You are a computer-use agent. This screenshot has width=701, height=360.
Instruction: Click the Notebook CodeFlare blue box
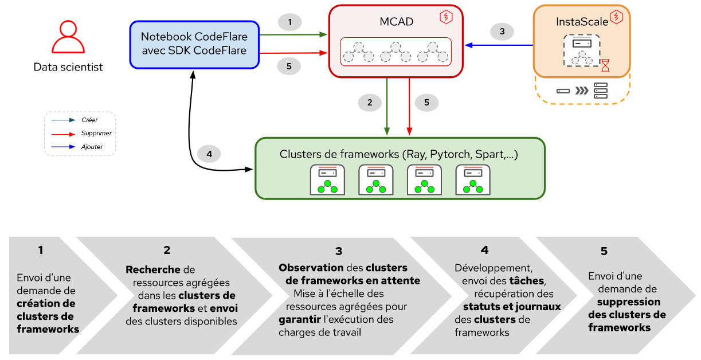tap(194, 44)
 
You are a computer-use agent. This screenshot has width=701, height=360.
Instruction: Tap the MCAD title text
tap(397, 22)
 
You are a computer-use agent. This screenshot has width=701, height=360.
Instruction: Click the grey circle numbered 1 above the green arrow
tap(290, 22)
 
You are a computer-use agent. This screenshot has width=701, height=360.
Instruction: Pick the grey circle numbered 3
tap(502, 32)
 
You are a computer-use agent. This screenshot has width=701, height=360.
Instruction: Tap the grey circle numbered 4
tap(209, 154)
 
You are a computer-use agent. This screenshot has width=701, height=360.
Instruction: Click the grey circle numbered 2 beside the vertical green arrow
tap(370, 103)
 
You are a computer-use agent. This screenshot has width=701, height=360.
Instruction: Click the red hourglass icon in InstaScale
tap(605, 65)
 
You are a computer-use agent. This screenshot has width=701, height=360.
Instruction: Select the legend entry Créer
tap(89, 120)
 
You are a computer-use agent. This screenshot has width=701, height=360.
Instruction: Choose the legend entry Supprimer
tap(96, 134)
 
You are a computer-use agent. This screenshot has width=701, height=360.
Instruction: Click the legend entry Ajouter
tap(92, 147)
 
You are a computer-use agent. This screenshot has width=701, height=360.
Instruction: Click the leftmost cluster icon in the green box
tap(327, 180)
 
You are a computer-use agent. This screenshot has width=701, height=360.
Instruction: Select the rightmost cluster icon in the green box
tap(472, 180)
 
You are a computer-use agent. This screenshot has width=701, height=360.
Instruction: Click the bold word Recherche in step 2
tap(152, 269)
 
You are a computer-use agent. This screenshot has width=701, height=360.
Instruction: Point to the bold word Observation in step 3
tap(311, 268)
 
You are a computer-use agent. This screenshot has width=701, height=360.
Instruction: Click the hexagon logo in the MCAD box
tap(445, 17)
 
